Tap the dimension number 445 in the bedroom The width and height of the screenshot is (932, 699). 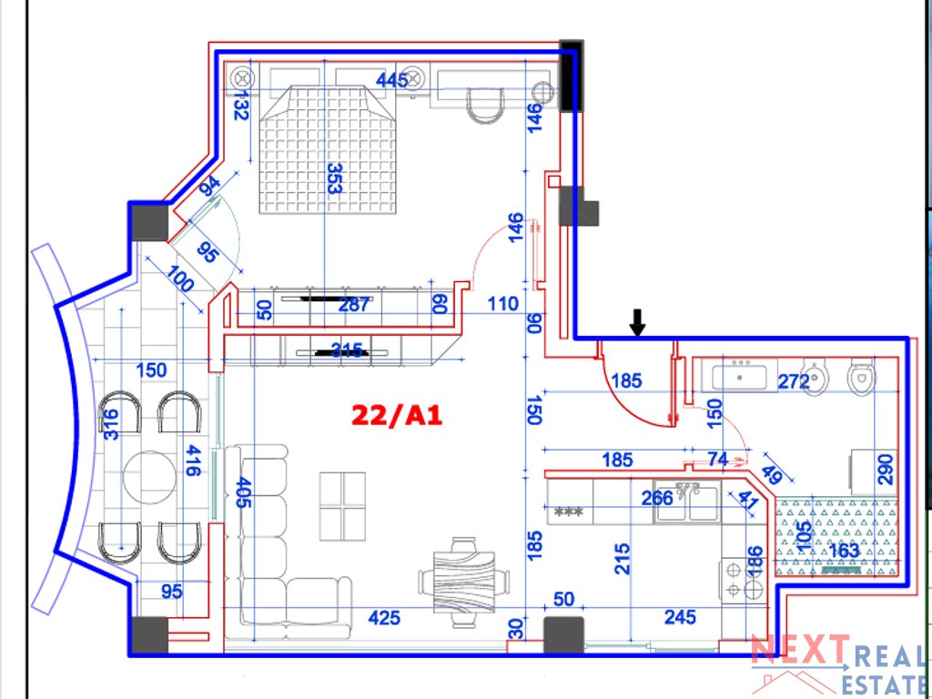[x=392, y=80]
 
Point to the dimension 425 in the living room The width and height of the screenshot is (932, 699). [x=384, y=618]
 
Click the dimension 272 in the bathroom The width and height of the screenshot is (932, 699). [x=794, y=382]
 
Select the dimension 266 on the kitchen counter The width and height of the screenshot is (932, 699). [x=657, y=498]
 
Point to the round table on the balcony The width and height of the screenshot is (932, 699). [x=149, y=475]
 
